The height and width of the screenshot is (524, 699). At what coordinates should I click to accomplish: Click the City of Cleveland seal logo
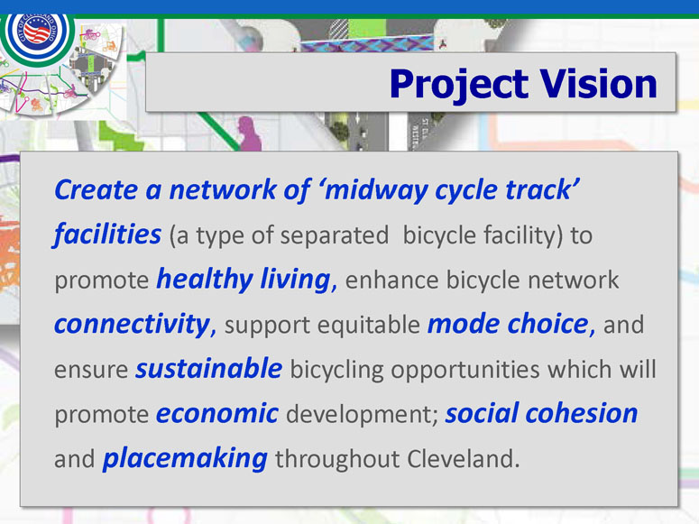coord(38,32)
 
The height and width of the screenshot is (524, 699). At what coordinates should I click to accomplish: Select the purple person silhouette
coord(250,133)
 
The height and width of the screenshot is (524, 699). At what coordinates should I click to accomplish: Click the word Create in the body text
coord(96,190)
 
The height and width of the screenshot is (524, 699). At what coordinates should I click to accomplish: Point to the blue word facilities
coord(107,234)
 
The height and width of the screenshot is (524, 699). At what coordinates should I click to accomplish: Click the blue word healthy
coord(205,280)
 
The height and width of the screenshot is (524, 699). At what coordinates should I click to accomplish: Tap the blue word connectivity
coord(133,324)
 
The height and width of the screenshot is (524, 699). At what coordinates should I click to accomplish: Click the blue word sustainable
coord(209,368)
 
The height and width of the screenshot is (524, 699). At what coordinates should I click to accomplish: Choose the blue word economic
coord(217,413)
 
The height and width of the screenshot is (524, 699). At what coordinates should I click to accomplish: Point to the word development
coord(362,414)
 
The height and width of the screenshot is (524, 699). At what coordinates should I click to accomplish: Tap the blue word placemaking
coord(185,458)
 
